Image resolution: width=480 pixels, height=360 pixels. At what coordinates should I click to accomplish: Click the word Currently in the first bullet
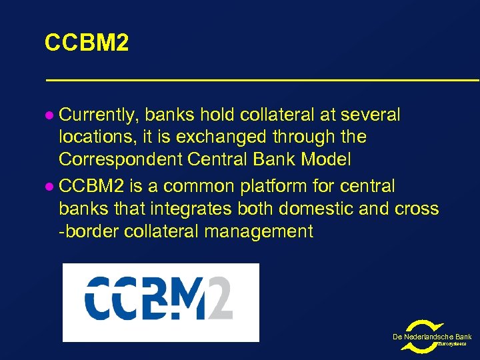98,115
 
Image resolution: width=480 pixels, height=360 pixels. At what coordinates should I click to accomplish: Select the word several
370,115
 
